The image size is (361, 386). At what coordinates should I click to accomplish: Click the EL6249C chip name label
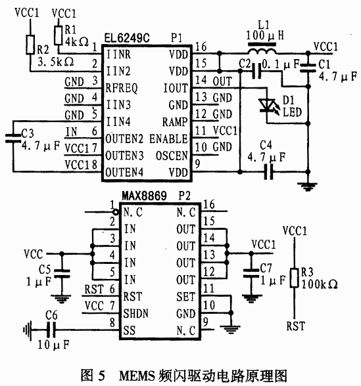tap(127, 37)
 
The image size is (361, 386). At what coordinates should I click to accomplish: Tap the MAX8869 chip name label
tap(144, 196)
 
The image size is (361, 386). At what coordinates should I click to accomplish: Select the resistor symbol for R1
tap(58, 35)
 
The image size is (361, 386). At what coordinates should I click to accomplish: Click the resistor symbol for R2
tap(30, 45)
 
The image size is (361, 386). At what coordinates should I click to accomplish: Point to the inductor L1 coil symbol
tap(262, 51)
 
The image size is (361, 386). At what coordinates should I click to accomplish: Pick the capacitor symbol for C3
tap(13, 138)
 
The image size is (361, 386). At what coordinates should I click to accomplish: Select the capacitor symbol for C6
tap(51, 330)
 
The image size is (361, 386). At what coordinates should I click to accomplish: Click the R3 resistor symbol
tap(294, 278)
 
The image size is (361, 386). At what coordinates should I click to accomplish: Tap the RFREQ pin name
tap(122, 88)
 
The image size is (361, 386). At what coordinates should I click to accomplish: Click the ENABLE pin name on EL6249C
tap(168, 139)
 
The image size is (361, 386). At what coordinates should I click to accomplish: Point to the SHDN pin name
tap(136, 313)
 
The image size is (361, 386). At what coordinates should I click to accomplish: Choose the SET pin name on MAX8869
tap(185, 297)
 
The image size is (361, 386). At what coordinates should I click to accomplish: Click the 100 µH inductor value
tap(265, 35)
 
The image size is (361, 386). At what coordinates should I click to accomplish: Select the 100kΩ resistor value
tap(320, 284)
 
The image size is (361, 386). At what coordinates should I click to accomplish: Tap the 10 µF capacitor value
tap(53, 345)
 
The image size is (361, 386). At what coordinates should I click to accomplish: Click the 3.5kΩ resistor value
tap(56, 62)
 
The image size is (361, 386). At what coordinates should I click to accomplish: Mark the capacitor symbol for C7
tap(251, 273)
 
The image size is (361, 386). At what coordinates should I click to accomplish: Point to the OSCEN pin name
tap(172, 156)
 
